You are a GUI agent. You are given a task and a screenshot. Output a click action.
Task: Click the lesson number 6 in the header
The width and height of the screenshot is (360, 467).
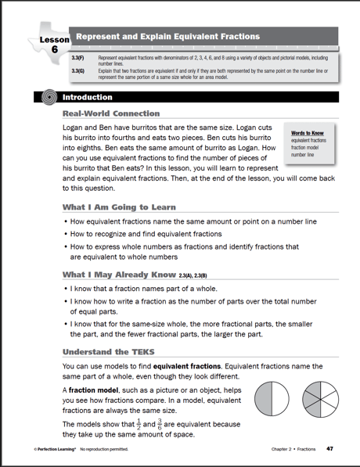pos(54,48)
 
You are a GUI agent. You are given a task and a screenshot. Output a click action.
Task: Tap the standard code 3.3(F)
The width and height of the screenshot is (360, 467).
pos(77,59)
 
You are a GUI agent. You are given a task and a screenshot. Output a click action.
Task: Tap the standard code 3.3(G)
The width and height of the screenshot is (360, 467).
pos(77,70)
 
